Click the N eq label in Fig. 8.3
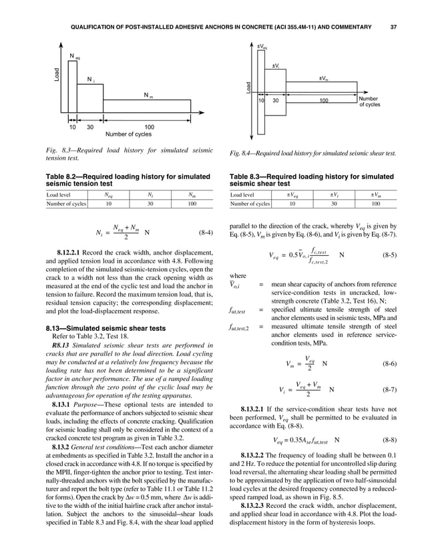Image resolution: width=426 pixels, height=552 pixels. click(75, 55)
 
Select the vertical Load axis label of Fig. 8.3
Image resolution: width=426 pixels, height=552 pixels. click(58, 74)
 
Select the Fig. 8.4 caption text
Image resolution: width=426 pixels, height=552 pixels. click(312, 153)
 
